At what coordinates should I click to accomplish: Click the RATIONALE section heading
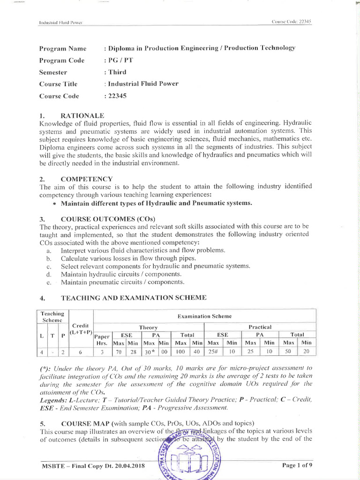82,115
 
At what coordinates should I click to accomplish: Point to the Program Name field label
63,48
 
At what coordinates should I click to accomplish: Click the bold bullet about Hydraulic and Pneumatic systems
156,202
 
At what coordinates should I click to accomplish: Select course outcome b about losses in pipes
128,258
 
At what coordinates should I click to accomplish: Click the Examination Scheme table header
204,316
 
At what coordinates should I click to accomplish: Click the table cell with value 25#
213,352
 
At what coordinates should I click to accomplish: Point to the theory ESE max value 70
119,352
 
